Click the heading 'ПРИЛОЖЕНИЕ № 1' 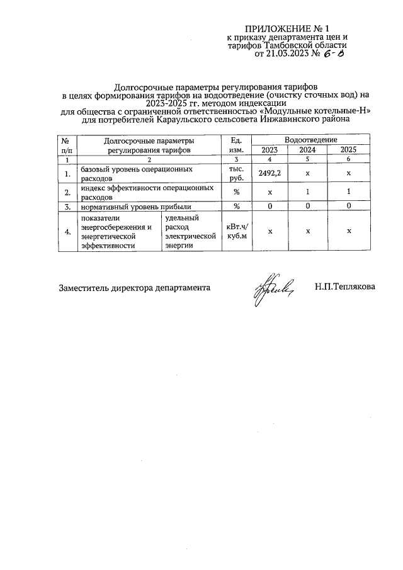(x=287, y=28)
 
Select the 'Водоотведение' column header (x=310, y=139)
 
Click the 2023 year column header (x=270, y=150)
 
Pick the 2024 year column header (x=307, y=150)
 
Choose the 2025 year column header (x=348, y=150)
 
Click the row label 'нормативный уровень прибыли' (x=133, y=206)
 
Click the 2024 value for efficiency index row (x=307, y=191)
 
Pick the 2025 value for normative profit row (x=348, y=206)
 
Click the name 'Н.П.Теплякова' (x=345, y=287)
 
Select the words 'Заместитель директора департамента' (x=134, y=288)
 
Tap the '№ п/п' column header (x=66, y=145)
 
